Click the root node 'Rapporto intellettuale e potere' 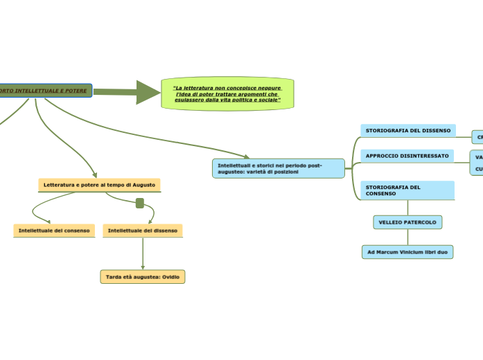pos(45,91)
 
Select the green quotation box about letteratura pos(227,93)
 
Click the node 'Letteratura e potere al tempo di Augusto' pos(99,185)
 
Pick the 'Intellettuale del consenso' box pos(54,230)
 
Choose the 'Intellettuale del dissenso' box pos(143,230)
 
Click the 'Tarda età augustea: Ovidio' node pos(143,277)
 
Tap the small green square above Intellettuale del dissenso pos(140,203)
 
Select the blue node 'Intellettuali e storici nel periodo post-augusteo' pos(278,168)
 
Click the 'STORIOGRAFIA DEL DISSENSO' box pos(407,130)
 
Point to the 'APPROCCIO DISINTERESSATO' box pos(407,156)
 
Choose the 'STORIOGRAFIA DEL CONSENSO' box pos(407,190)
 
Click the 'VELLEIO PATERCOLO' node pos(407,222)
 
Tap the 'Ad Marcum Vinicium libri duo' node pos(407,252)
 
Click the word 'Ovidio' pos(170,277)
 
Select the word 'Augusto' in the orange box pos(144,185)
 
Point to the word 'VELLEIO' pos(390,222)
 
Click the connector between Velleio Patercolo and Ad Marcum pos(407,237)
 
